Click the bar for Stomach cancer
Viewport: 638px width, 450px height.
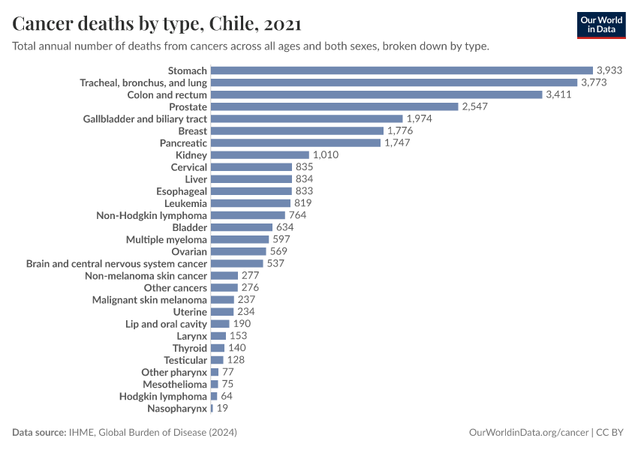402,70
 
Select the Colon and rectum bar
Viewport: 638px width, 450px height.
376,94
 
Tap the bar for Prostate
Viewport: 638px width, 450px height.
334,106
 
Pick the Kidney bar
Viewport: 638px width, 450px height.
260,155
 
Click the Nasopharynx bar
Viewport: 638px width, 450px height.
212,408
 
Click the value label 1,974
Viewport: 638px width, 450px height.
421,118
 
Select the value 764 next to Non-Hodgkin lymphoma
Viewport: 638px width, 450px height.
298,215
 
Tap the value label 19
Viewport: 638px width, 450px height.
222,408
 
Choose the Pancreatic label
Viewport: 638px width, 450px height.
183,142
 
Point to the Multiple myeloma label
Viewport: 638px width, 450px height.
167,239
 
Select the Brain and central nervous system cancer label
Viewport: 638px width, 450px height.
116,263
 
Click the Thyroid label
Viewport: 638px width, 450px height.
190,348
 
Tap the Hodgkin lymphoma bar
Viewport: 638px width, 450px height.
214,396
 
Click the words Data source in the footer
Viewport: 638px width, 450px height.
39,433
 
